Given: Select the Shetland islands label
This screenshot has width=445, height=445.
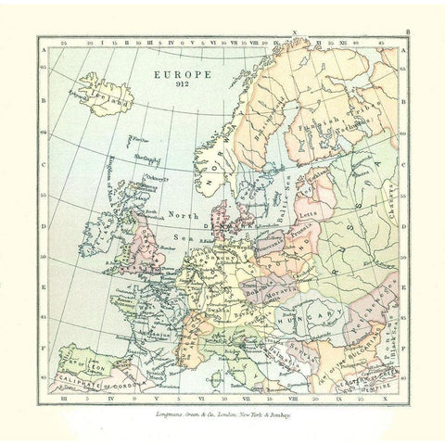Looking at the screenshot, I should pos(142,157).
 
